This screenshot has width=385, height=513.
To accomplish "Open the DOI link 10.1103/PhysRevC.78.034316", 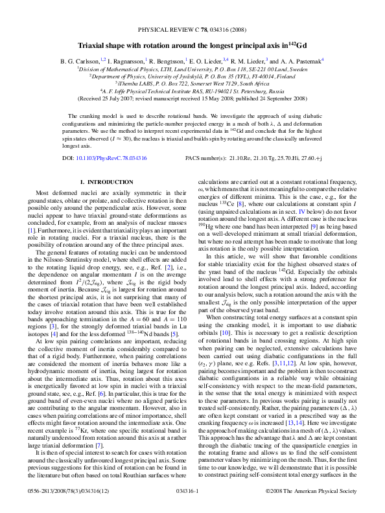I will pos(103,157).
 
